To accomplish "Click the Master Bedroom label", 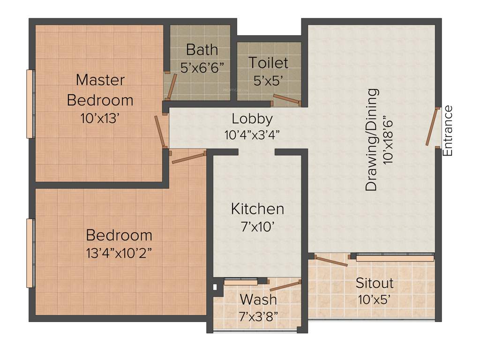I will point(100,90).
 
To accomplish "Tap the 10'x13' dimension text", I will point(101,119).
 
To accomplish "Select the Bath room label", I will point(202,49).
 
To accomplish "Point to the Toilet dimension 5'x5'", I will point(268,81).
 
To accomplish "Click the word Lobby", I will point(252,119).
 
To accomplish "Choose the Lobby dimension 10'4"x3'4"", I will point(252,135).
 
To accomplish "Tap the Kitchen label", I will point(257,209).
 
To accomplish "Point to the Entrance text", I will point(448,131).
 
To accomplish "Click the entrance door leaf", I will point(431,127).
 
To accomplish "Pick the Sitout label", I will point(374,283).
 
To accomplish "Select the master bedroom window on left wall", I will point(30,104).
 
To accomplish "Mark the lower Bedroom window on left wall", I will point(30,253).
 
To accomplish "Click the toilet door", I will point(286,98).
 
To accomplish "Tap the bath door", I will point(172,85).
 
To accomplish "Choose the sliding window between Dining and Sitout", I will point(394,257).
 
